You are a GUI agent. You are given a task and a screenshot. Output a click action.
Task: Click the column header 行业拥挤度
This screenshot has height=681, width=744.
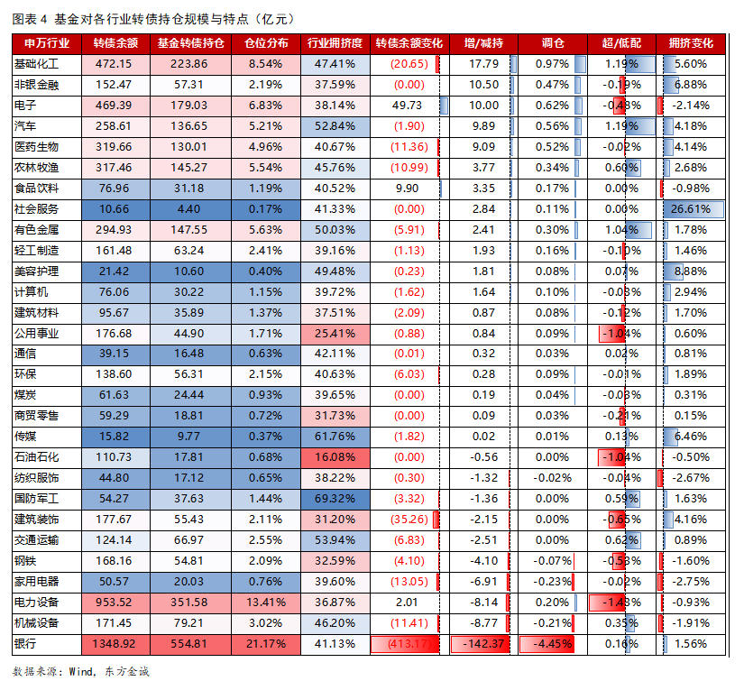pyautogui.click(x=335, y=42)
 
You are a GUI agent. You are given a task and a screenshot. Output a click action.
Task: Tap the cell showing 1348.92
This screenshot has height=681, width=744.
pyautogui.click(x=115, y=644)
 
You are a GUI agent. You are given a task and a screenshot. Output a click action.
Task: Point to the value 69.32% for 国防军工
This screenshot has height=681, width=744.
pyautogui.click(x=335, y=498)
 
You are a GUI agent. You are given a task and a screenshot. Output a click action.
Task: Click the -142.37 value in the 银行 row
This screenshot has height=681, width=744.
pyautogui.click(x=484, y=644)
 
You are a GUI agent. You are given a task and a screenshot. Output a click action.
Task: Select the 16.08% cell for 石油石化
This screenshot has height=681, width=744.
pyautogui.click(x=335, y=457)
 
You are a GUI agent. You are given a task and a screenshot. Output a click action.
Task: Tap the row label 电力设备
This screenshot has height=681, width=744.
pyautogui.click(x=36, y=602)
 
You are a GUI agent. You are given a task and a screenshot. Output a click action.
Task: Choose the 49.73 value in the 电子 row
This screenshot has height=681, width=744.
pyautogui.click(x=408, y=106)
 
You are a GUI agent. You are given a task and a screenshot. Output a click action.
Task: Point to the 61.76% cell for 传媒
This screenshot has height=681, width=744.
pyautogui.click(x=335, y=437)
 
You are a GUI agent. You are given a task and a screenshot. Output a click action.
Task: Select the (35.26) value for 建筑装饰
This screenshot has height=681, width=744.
pyautogui.click(x=409, y=519)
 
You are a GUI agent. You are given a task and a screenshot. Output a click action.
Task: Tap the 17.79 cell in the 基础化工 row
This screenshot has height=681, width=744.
pyautogui.click(x=484, y=64)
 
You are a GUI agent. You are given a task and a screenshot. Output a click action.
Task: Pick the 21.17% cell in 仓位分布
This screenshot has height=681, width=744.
pyautogui.click(x=265, y=644)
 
